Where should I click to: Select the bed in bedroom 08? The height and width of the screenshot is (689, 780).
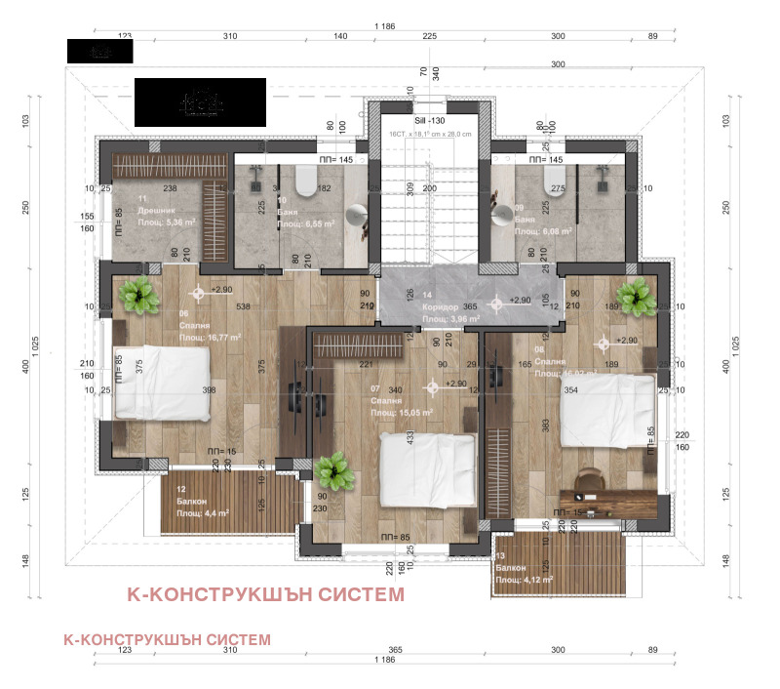605,407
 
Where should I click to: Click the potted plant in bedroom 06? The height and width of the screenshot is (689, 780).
139,294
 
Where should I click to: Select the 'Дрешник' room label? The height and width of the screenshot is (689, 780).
131,210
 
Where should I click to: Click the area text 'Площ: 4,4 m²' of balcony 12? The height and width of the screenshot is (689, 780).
203,513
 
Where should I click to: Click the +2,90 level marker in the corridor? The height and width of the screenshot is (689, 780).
498,302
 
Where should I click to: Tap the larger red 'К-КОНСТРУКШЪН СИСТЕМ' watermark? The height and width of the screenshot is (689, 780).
265,594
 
